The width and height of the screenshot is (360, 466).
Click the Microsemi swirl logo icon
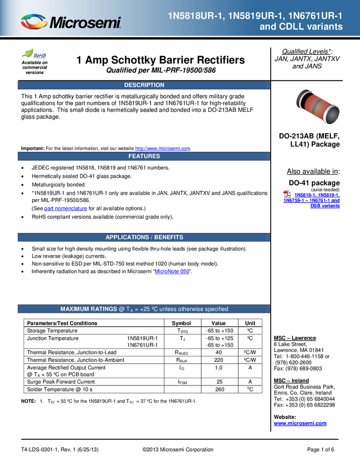[34, 22]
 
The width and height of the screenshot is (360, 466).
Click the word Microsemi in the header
[85, 23]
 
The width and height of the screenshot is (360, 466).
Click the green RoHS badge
[34, 54]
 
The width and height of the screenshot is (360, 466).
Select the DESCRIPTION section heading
[144, 85]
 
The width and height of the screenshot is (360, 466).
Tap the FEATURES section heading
[144, 156]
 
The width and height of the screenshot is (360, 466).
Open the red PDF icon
[287, 194]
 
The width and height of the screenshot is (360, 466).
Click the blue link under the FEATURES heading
[65, 208]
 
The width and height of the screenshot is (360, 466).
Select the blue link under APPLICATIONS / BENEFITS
[172, 271]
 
